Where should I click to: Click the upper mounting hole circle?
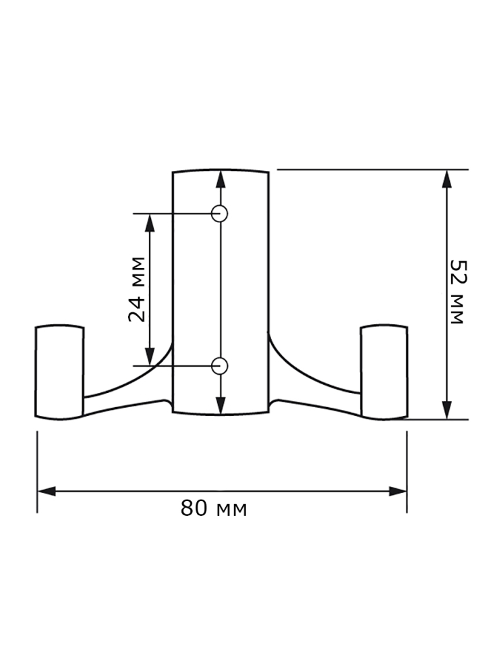(219, 213)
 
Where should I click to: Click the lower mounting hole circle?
(219, 366)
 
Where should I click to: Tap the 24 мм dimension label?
(136, 289)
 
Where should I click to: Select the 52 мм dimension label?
(458, 291)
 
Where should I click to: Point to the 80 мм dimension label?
(214, 508)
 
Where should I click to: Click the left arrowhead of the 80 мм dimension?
(47, 491)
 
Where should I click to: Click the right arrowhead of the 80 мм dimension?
(397, 491)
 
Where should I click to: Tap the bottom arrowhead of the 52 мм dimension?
(446, 410)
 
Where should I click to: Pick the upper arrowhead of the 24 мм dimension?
(149, 223)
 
